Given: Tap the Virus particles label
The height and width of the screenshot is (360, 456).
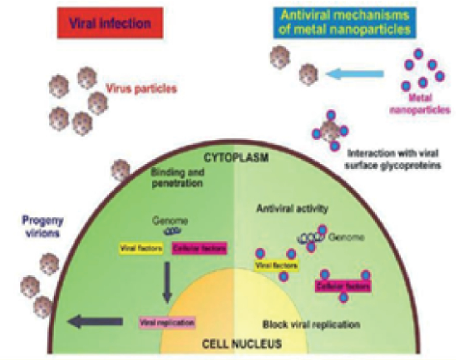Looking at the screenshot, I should coord(139,89).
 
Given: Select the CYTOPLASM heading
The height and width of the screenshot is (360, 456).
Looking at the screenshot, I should coord(229,157).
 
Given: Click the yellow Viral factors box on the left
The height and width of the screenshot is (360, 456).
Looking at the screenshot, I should coord(139,249).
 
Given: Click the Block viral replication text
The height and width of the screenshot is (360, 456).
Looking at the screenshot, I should coord(311,325).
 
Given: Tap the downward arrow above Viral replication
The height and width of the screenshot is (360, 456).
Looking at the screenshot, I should coord(166,282).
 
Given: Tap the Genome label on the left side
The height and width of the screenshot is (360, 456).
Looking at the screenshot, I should coord(167,219).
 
